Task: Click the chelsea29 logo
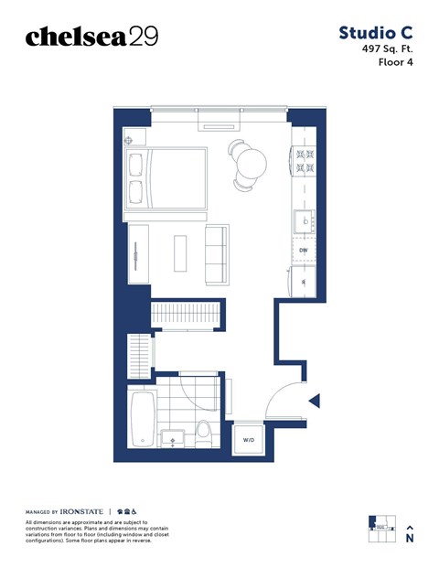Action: (91, 36)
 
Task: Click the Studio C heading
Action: (376, 33)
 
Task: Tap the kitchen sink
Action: (303, 220)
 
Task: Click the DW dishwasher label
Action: (303, 249)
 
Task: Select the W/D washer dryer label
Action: (249, 440)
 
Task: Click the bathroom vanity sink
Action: (171, 438)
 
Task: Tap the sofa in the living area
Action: (217, 252)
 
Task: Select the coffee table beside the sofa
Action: (180, 252)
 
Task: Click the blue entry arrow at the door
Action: (314, 401)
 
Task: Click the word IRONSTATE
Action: (84, 510)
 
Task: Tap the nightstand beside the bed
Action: (129, 139)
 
